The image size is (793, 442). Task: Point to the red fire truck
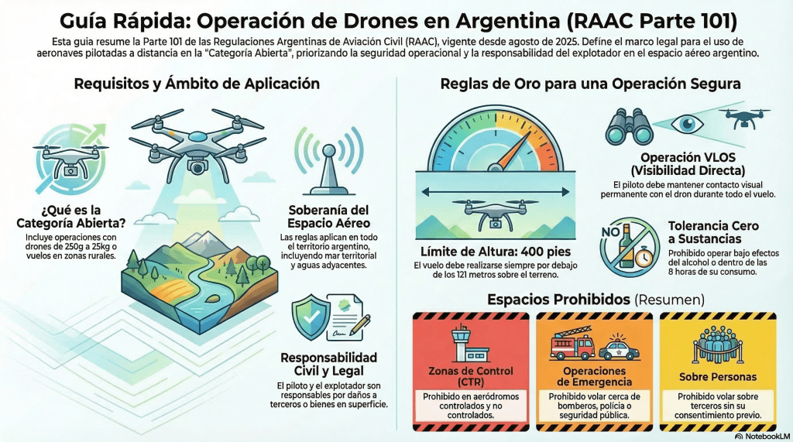572,346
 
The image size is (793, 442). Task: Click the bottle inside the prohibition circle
627,248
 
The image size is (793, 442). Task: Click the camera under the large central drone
197,164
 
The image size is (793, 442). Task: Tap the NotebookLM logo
758,436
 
